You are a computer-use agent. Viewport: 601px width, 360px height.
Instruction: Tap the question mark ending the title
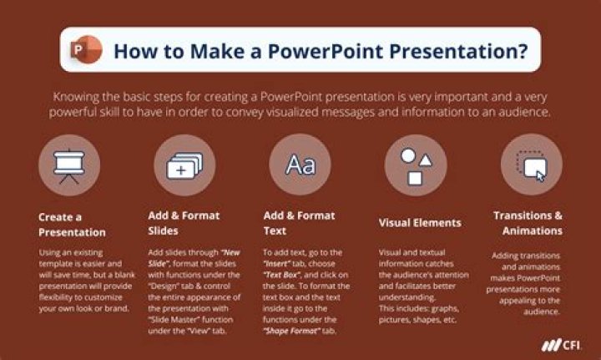522,50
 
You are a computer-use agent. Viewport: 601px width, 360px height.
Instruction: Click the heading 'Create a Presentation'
72,224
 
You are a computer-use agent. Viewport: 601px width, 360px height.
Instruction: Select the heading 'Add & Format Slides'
184,222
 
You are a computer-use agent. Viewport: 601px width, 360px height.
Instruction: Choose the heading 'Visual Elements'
420,223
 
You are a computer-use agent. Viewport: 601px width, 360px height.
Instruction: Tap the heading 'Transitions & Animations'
528,223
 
